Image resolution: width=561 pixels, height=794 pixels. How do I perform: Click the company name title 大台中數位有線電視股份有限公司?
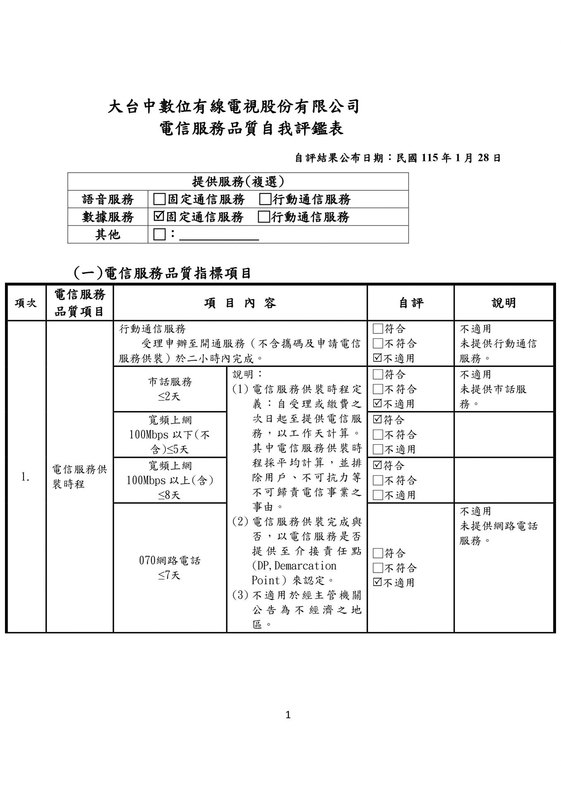[234, 107]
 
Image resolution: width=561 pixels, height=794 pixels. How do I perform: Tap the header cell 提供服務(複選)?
[238, 182]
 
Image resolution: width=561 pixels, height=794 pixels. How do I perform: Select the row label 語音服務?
[108, 199]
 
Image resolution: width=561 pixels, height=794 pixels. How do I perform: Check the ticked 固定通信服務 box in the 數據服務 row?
[159, 216]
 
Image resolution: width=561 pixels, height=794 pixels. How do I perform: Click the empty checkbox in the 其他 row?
[159, 234]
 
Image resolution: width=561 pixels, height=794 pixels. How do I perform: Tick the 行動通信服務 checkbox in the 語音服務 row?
[265, 199]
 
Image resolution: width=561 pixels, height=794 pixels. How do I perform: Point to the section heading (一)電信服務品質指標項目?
[162, 273]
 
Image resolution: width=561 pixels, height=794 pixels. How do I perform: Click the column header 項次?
[26, 303]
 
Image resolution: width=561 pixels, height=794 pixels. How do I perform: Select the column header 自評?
[411, 303]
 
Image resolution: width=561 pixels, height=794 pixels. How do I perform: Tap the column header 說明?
[504, 303]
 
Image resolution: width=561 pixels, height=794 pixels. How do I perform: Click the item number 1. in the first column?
[26, 477]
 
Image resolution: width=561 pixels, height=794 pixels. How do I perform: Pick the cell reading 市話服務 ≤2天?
[170, 389]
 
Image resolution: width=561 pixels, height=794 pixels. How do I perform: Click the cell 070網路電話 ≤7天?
[170, 568]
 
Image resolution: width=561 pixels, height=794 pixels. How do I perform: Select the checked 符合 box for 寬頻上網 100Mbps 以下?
[378, 420]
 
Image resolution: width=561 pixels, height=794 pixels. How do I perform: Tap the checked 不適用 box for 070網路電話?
[378, 582]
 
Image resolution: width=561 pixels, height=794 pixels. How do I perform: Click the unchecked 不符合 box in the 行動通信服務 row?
[378, 343]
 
